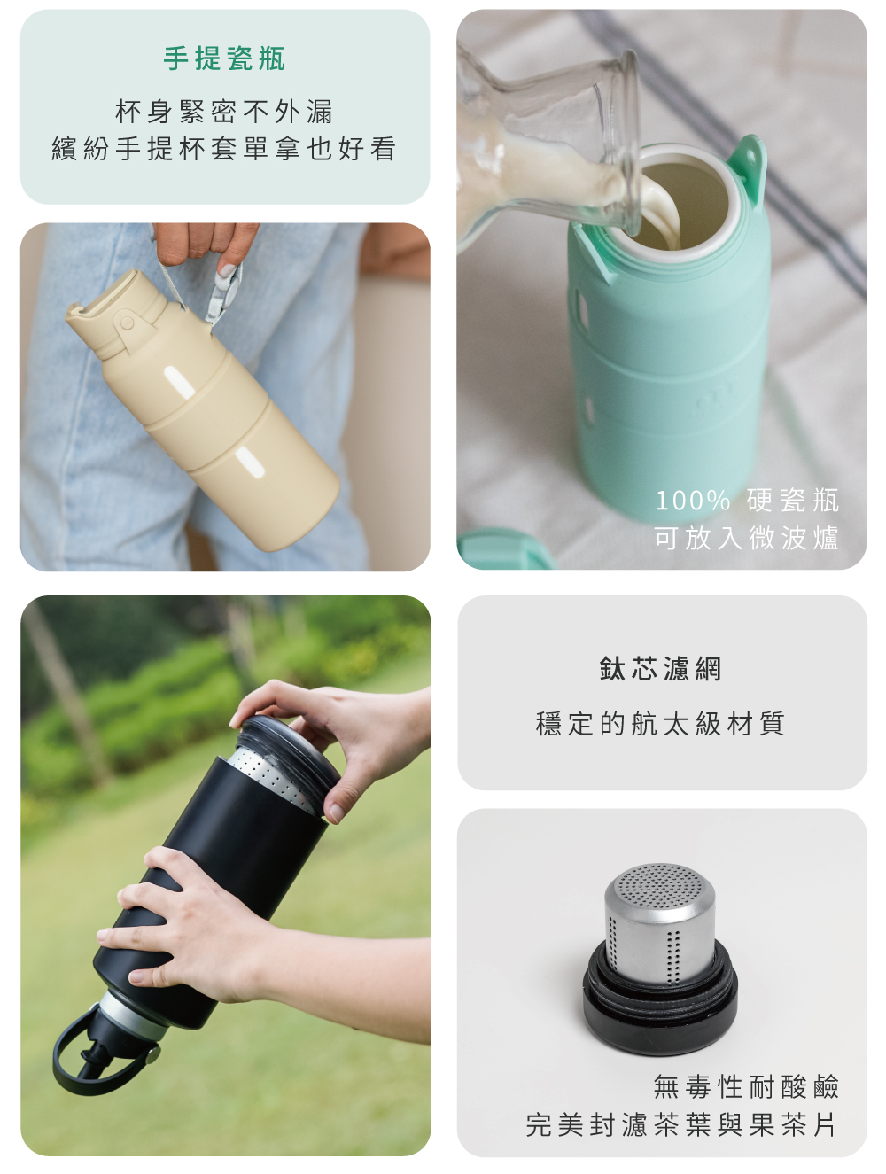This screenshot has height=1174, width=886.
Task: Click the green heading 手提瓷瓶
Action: (x=224, y=58)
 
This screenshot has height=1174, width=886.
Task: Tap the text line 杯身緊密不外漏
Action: (x=224, y=112)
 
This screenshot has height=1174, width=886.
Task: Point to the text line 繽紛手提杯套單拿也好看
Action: (x=224, y=148)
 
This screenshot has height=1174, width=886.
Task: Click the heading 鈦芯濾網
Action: (x=661, y=669)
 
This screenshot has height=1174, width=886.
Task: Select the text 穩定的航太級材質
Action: (x=661, y=724)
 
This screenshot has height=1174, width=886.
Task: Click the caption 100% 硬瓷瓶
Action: (x=747, y=500)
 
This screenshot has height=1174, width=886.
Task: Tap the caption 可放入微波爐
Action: (x=747, y=538)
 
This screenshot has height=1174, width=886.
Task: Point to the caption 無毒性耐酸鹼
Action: (x=746, y=1086)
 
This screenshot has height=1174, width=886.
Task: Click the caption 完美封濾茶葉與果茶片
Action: (x=681, y=1124)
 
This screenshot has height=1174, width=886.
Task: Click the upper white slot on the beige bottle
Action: (x=179, y=383)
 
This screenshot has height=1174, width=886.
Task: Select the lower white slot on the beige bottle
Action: (x=250, y=462)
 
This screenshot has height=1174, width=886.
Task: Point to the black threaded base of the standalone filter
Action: (x=660, y=1006)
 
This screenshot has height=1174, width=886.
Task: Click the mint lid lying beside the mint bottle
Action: (x=505, y=549)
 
